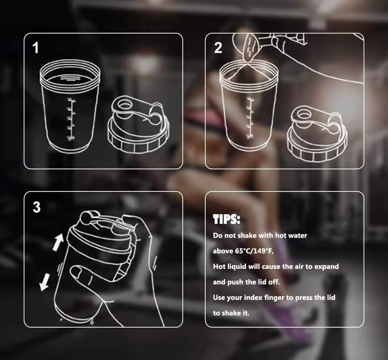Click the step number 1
click(36, 48)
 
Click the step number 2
click(218, 48)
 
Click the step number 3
click(36, 207)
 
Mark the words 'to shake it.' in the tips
click(231, 313)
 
